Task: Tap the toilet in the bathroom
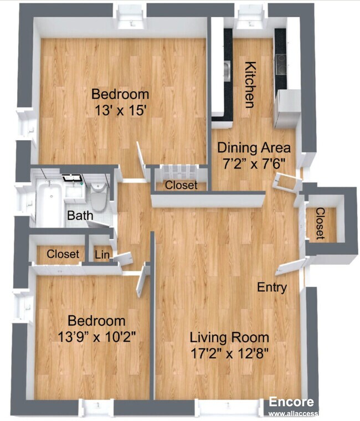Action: tap(99, 197)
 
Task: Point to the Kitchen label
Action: tap(250, 84)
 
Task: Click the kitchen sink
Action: tap(227, 70)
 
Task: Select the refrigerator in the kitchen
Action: tap(287, 109)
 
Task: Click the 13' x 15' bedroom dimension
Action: tap(120, 110)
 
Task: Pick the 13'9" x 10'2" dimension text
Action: tap(96, 336)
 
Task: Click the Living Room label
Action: tap(229, 337)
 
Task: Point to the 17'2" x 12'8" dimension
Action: tap(229, 353)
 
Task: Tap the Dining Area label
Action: tap(254, 148)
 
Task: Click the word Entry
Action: tap(272, 287)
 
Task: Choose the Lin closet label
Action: tap(102, 255)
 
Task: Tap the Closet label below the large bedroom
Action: tap(181, 186)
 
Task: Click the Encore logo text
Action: tap(291, 403)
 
